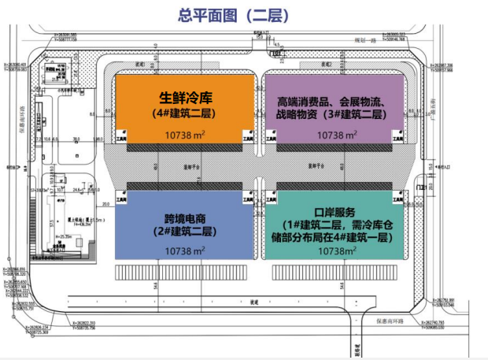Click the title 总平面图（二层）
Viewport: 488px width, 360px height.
pyautogui.click(x=244, y=14)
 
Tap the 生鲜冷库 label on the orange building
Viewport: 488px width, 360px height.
pyautogui.click(x=187, y=99)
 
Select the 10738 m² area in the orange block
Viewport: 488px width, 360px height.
pyautogui.click(x=187, y=135)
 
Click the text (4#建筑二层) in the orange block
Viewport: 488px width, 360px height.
pyautogui.click(x=187, y=115)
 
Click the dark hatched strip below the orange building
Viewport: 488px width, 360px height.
pyautogui.click(x=187, y=147)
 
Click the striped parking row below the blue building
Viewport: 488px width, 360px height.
pyautogui.click(x=187, y=272)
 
